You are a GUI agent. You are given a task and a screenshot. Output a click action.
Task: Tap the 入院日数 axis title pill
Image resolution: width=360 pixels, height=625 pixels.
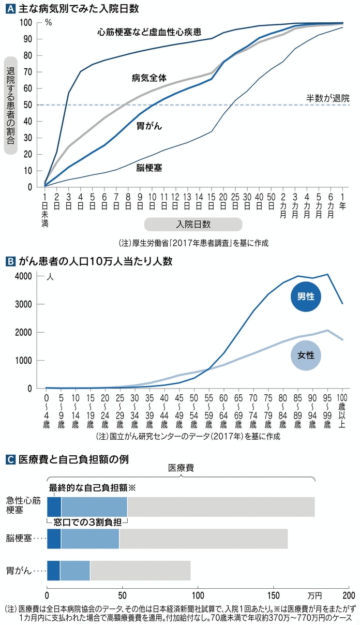[193, 224]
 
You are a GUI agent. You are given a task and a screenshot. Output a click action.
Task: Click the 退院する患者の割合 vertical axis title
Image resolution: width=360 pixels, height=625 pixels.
[11, 104]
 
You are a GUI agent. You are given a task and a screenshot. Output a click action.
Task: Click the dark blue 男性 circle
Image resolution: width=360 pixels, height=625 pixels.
[306, 297]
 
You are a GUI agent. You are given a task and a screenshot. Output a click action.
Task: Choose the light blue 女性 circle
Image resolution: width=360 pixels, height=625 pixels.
[306, 356]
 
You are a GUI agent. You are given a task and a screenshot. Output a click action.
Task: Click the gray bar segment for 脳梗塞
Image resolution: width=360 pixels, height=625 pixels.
[203, 539]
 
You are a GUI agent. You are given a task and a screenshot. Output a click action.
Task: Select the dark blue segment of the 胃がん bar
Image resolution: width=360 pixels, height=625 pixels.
[53, 571]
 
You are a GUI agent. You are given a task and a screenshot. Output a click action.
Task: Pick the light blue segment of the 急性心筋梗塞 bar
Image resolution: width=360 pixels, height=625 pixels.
[94, 507]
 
